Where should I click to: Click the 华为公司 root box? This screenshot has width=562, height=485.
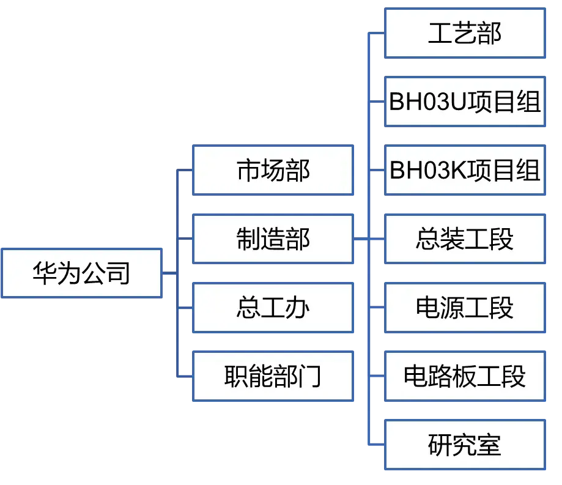click(x=81, y=273)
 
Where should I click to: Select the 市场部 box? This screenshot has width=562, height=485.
click(x=273, y=170)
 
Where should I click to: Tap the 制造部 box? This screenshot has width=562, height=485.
click(x=273, y=239)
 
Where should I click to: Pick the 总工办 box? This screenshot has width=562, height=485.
click(x=273, y=308)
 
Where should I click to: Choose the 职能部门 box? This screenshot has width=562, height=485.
click(x=273, y=376)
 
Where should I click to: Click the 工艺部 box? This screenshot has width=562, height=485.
click(x=465, y=32)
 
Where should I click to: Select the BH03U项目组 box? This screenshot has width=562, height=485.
click(x=465, y=102)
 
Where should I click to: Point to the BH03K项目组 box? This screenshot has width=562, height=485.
click(x=465, y=170)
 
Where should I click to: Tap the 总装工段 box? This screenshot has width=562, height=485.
click(x=465, y=239)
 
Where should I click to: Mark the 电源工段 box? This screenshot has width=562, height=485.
click(x=465, y=308)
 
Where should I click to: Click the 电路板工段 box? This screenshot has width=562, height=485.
click(x=465, y=376)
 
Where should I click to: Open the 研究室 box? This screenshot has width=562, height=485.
click(x=465, y=445)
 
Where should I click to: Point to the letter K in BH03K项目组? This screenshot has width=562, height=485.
click(x=458, y=171)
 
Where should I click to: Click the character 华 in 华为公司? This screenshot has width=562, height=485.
click(x=45, y=273)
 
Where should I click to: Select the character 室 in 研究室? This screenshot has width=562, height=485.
click(x=489, y=445)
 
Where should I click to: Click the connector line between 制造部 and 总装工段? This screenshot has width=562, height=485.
click(x=369, y=239)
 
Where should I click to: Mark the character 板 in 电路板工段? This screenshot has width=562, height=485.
click(x=464, y=377)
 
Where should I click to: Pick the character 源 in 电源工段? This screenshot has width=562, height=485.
click(x=453, y=308)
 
